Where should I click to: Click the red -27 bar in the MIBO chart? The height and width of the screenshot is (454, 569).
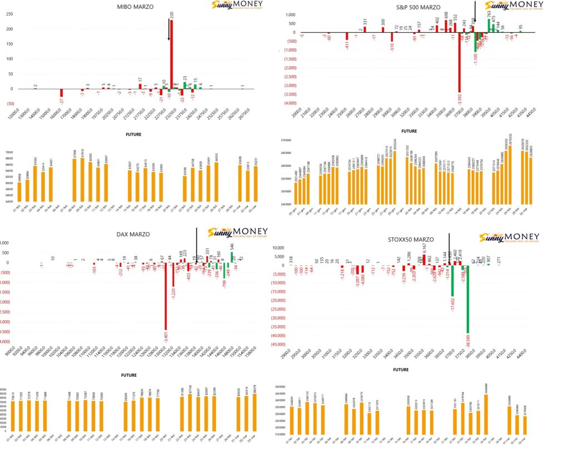click(62, 92)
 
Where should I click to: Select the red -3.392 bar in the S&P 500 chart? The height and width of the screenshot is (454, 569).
click(460, 62)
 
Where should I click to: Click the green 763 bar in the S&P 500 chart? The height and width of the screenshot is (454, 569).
click(489, 25)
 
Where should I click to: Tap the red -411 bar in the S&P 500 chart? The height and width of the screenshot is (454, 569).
click(347, 36)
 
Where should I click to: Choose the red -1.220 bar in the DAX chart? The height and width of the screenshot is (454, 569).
click(173, 275)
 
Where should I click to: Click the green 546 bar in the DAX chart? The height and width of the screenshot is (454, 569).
click(232, 257)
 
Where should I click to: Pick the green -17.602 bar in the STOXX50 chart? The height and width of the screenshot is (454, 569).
click(452, 281)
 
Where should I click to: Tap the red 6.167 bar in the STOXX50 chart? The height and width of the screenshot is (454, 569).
click(424, 260)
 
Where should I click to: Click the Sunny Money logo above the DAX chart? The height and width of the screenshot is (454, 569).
click(237, 233)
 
